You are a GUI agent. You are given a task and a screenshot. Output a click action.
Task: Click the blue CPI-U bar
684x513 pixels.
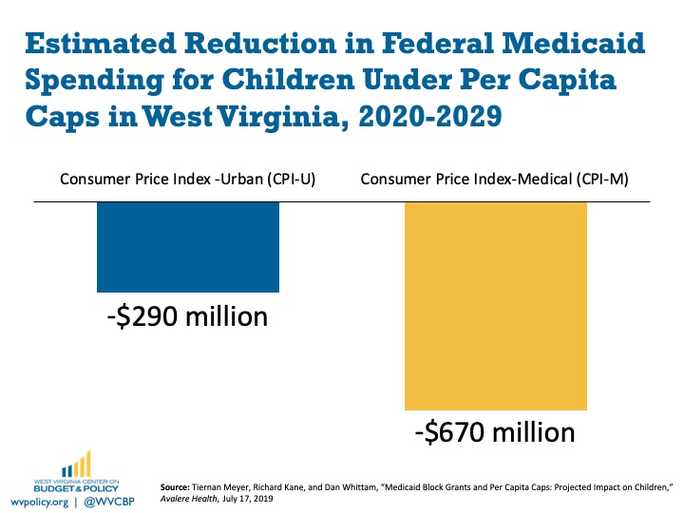(x=188, y=247)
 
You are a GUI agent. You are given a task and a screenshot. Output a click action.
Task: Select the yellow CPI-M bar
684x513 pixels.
(x=496, y=306)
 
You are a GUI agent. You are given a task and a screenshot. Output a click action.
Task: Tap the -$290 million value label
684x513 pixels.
(x=188, y=315)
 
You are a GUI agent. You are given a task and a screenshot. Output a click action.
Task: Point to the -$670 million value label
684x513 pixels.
(x=495, y=432)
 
